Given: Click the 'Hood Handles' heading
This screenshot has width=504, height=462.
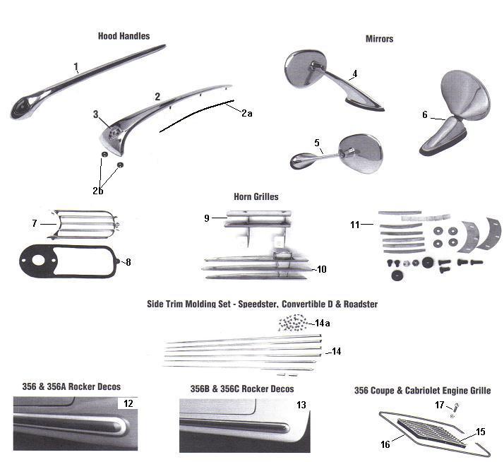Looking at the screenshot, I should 124,36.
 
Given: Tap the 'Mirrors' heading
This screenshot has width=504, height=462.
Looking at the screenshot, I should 380,39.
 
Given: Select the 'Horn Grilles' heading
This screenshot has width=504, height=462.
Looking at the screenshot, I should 256,196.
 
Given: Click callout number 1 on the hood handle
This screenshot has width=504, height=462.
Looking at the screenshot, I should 76,67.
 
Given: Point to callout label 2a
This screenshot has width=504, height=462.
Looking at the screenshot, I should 246,113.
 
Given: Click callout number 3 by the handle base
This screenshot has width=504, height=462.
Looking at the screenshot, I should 95,114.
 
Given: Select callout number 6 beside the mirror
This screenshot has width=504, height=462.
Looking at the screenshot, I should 425,114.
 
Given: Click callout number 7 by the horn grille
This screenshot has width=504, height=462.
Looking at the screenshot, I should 34,223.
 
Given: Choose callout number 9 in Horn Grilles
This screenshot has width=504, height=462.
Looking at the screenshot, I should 207,218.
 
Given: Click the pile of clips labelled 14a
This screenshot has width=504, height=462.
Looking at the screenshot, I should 295,324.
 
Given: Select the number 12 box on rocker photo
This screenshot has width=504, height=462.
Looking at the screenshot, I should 128,403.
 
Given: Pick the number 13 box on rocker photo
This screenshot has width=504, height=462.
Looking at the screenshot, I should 301,405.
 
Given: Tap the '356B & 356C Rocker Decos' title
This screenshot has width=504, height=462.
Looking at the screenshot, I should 241,389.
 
